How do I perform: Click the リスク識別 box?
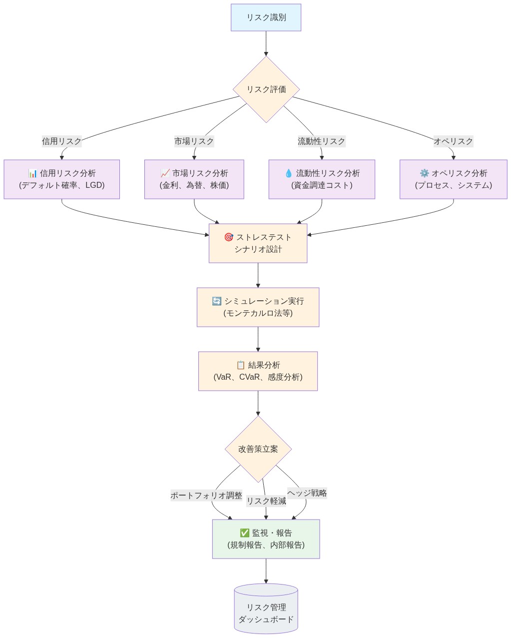coord(266,17)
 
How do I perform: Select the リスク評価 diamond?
coord(266,89)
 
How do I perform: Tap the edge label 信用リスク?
coord(61,141)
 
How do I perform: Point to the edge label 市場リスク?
coord(194,141)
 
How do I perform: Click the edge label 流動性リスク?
coord(321,141)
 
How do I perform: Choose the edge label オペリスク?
coord(453,141)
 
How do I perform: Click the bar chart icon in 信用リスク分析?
coord(33,173)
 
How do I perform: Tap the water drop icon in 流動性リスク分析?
coord(288,173)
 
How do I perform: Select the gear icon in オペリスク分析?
coord(424,173)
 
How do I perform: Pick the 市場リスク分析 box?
coord(194,179)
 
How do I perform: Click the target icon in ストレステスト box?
coord(229,237)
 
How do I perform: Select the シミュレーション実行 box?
coord(258,307)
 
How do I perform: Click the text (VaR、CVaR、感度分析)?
coord(258,377)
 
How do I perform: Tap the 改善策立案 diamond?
coord(258,449)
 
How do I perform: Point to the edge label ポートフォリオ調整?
coord(206,496)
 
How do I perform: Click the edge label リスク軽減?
coord(266,501)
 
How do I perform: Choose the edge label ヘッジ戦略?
coord(307,493)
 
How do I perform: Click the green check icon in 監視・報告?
coord(244,533)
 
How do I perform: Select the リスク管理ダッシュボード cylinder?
coord(266,610)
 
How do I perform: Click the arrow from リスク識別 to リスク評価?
coord(266,43)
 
